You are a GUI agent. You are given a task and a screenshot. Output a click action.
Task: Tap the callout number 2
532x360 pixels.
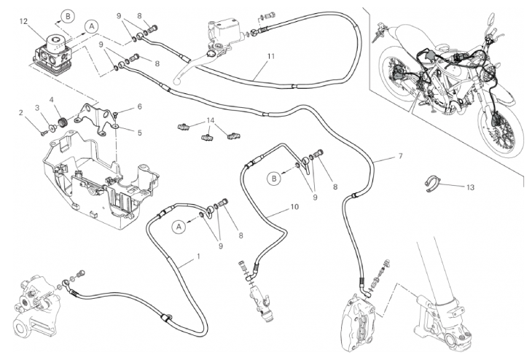tap(22, 112)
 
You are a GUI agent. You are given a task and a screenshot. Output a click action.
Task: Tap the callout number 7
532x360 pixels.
tap(399, 157)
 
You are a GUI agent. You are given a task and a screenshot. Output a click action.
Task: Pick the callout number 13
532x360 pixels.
tap(470, 187)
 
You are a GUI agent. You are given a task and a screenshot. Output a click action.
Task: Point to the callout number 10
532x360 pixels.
tap(294, 206)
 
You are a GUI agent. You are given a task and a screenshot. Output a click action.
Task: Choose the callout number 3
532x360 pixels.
tap(39, 108)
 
